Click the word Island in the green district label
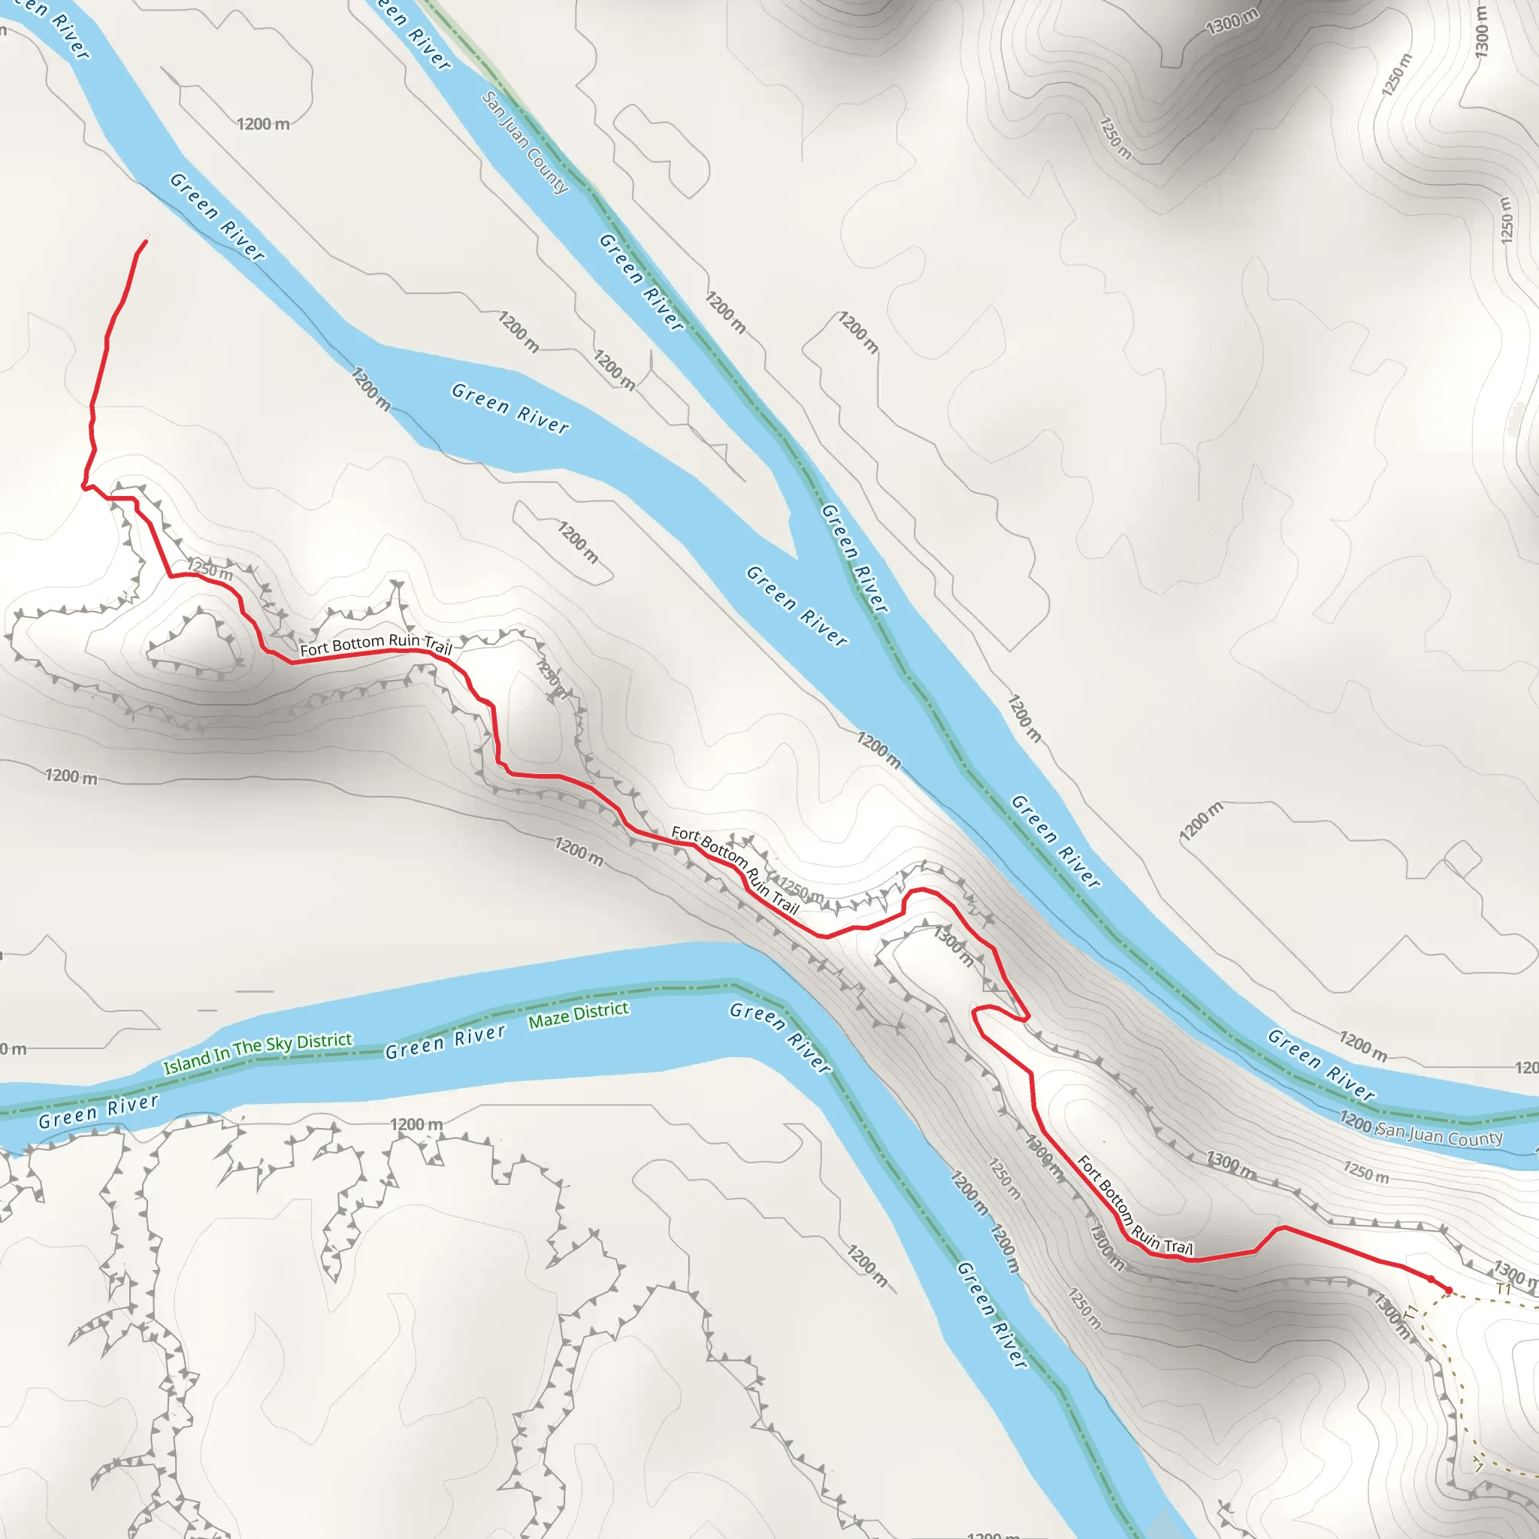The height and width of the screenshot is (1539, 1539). click(186, 1063)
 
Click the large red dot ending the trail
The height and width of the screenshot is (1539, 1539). click(1448, 1290)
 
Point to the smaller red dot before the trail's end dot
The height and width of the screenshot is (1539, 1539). click(1431, 1279)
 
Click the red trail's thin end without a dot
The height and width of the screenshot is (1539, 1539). click(146, 240)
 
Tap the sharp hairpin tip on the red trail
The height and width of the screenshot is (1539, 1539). click(1027, 1017)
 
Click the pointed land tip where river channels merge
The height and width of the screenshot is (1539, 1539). click(795, 557)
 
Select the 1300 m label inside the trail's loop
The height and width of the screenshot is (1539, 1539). click(954, 946)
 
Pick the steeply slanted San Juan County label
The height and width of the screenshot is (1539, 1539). click(525, 142)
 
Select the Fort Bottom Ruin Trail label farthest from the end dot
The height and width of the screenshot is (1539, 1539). click(376, 645)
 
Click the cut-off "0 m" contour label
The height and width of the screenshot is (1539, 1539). click(13, 1048)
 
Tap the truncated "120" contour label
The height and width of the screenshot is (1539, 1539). click(1526, 1067)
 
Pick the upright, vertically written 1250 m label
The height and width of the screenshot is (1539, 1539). click(1505, 221)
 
